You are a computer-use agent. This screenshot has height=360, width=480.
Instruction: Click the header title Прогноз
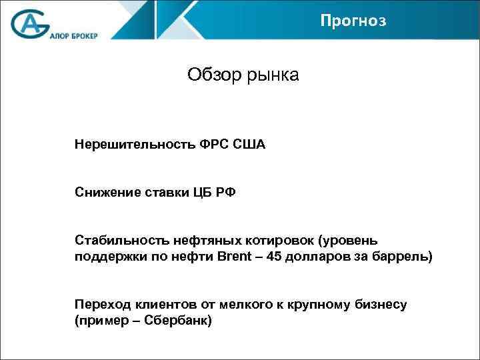pos(353,21)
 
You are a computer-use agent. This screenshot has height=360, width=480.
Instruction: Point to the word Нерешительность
pos(135,144)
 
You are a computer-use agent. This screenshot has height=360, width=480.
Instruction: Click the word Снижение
pos(106,193)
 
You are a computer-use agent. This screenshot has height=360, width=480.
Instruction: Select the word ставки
pos(164,193)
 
